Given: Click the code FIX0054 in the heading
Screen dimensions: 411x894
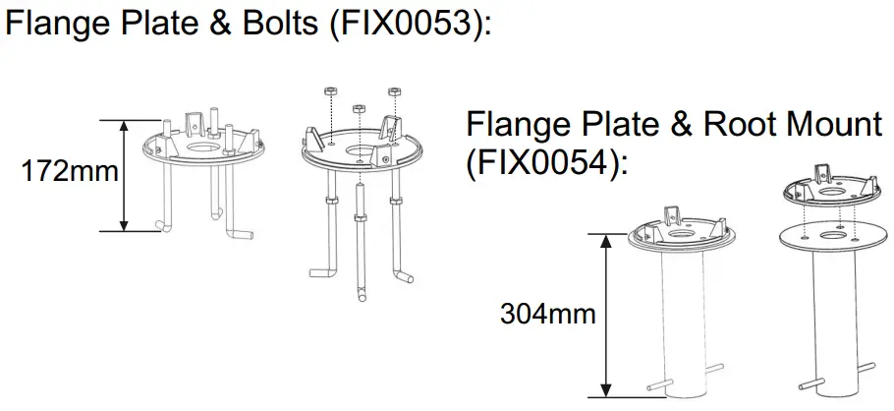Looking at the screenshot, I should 541,162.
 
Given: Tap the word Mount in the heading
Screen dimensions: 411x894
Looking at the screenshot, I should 833,125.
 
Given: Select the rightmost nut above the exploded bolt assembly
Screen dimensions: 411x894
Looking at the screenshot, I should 395,91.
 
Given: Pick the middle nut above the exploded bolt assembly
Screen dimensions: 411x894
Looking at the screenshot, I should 358,109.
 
